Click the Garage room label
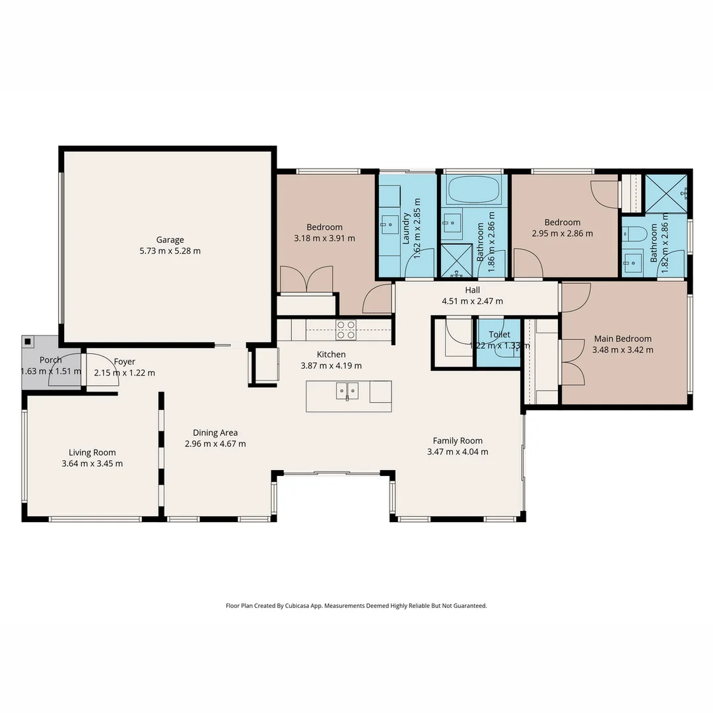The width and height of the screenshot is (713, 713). pos(170,240)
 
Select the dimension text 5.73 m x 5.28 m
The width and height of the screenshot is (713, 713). pos(170,251)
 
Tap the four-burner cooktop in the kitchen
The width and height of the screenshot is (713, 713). pos(346,329)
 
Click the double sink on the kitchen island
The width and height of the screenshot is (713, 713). pos(347,391)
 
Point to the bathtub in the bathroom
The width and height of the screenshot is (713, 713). pos(473,190)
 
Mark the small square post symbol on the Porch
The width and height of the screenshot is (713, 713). pos(28,341)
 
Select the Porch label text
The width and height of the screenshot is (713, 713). pos(51,360)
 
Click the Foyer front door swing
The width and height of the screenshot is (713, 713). pos(100,371)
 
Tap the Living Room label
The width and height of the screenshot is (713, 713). pos(92,452)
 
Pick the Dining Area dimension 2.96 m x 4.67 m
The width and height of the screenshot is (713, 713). pos(215,444)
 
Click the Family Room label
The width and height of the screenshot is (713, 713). pos(458,440)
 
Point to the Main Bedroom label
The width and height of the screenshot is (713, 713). pos(623,339)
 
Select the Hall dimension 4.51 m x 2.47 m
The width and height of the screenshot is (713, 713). pos(472,301)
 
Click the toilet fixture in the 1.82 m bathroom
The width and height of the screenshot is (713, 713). pos(633,234)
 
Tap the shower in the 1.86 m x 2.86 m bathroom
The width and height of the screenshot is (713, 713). pos(455,260)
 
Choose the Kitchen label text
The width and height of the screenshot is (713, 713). pos(331,355)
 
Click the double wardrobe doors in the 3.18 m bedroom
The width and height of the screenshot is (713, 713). pos(306,279)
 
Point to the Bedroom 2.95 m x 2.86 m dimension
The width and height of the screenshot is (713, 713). pos(562,233)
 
